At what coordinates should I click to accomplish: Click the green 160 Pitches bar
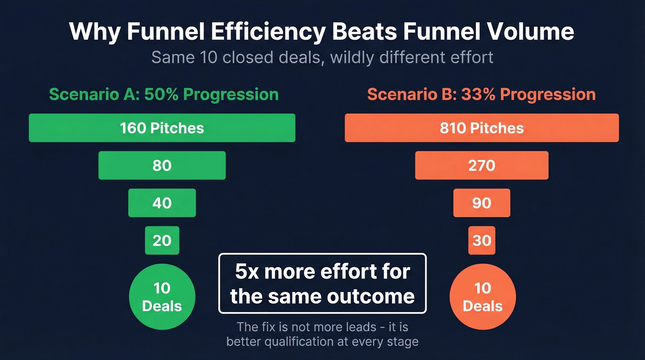click(x=162, y=128)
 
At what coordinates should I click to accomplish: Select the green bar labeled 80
click(x=162, y=165)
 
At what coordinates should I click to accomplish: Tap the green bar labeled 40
click(x=162, y=203)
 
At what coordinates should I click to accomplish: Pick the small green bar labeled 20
click(x=162, y=240)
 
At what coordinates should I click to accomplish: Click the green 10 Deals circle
click(x=162, y=296)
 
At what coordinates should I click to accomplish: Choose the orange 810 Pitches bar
click(x=481, y=128)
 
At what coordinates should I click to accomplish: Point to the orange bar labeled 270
click(x=481, y=165)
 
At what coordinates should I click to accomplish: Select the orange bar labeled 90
click(x=481, y=203)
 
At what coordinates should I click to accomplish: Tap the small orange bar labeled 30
click(x=481, y=240)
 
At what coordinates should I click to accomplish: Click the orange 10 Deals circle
click(x=482, y=296)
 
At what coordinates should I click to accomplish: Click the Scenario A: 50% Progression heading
click(x=164, y=94)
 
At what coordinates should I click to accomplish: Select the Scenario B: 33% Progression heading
click(x=481, y=94)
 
